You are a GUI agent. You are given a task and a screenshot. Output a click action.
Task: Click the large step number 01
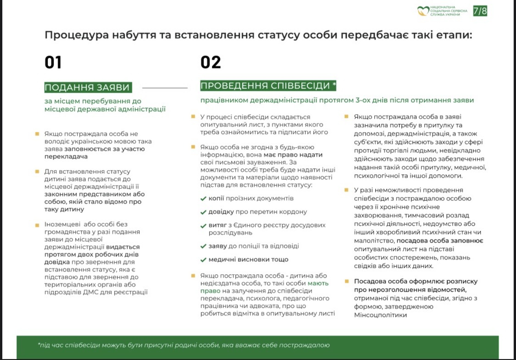53,62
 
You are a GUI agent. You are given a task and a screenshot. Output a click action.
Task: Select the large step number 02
211,62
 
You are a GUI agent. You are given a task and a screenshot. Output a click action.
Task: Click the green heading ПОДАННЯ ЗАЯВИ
88,88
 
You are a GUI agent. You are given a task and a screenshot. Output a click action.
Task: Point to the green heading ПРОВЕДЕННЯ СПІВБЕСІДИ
268,86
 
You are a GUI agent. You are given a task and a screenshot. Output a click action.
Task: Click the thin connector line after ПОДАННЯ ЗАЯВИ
165,87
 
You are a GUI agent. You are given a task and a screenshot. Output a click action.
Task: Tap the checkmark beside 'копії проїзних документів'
203,199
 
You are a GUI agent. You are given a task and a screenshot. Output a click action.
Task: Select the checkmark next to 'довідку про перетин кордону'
203,212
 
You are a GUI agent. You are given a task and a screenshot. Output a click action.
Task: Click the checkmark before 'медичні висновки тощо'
203,260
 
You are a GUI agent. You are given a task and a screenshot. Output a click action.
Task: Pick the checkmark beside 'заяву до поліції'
203,246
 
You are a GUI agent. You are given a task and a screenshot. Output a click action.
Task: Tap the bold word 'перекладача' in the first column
66,156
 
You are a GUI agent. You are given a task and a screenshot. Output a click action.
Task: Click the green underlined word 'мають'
318,283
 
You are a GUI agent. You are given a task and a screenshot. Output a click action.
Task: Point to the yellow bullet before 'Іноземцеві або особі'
37,225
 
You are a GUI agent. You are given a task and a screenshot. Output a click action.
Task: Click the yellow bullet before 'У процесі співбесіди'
193,116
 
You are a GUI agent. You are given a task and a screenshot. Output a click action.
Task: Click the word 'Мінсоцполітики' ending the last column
380,315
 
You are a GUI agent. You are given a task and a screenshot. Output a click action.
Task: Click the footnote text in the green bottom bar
183,345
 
